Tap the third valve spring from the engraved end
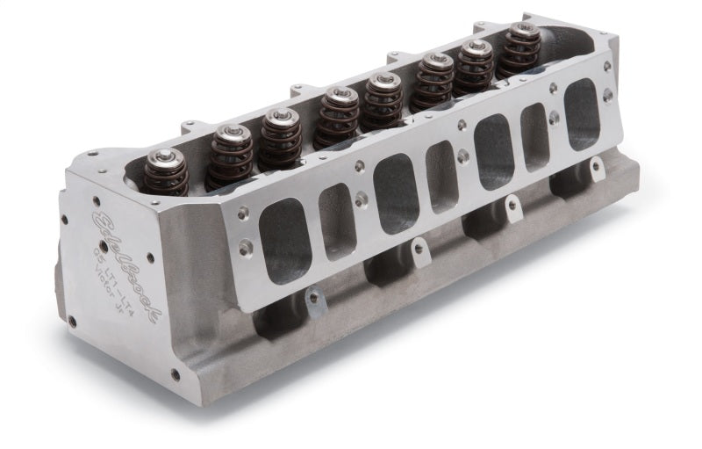(x=280, y=135)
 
